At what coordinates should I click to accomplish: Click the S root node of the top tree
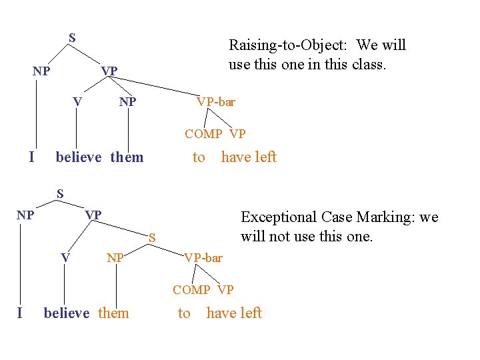72,38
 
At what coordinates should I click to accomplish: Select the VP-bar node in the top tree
215,102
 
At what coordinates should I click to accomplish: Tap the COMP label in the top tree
203,134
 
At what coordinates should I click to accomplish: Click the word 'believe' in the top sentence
79,157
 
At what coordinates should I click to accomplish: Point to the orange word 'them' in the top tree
127,157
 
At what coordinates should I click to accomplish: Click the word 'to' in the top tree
199,157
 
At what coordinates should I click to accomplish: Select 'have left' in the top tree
249,157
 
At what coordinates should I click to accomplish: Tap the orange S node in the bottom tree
152,237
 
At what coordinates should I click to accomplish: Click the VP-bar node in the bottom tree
203,258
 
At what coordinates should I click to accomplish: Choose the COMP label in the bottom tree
191,290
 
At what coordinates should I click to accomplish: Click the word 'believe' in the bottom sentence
66,313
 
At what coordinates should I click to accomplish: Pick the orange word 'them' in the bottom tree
113,313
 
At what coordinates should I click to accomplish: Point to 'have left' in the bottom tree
234,313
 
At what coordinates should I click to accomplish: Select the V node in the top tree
77,102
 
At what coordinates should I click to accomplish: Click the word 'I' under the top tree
32,157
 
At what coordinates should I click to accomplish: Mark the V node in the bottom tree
65,258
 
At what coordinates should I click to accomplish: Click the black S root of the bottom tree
59,194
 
